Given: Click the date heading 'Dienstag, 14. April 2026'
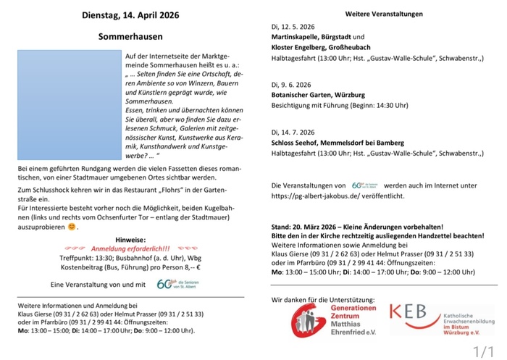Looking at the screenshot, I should coord(131,14).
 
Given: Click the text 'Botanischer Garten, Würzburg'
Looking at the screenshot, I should coord(318,95).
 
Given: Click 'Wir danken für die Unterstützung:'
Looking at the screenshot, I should coord(322,299).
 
